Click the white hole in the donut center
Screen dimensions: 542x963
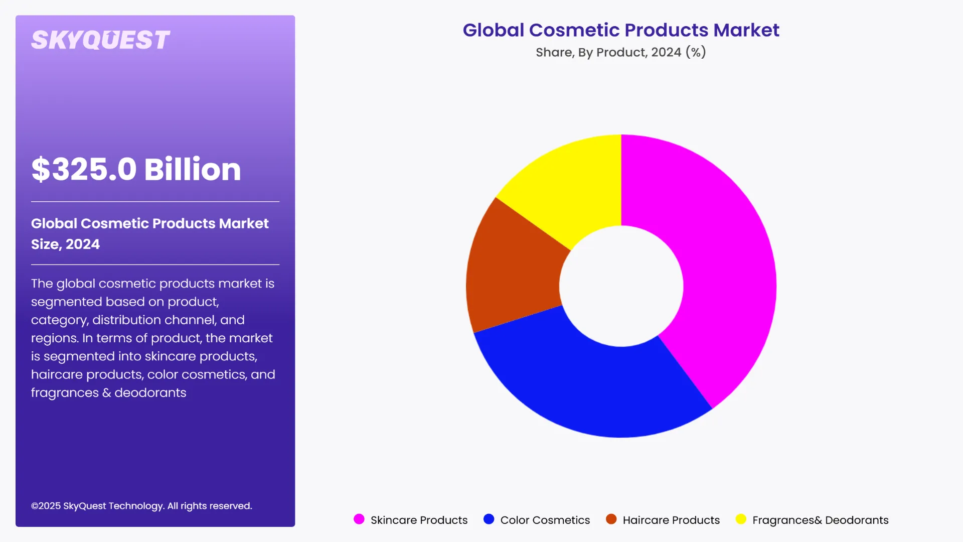click(x=621, y=286)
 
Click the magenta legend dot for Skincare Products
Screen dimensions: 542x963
click(x=359, y=519)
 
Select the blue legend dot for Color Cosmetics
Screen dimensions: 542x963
click(x=489, y=519)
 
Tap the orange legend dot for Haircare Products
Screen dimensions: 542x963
click(x=611, y=519)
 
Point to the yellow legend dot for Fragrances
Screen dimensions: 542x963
click(x=741, y=519)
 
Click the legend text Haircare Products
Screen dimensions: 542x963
click(x=671, y=520)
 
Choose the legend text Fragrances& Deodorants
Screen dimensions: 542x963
click(x=820, y=520)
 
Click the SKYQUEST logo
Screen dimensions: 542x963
click(x=100, y=40)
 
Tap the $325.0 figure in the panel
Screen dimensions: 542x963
click(x=84, y=169)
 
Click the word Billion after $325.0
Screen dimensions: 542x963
click(x=193, y=169)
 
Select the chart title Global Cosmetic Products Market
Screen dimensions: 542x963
click(x=620, y=30)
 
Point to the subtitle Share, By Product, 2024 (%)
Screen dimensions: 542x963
click(x=620, y=52)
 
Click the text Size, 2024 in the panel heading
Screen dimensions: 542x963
click(x=65, y=244)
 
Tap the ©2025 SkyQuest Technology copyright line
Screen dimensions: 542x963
click(x=141, y=506)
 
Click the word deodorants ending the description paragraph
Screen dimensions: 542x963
click(x=150, y=393)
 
